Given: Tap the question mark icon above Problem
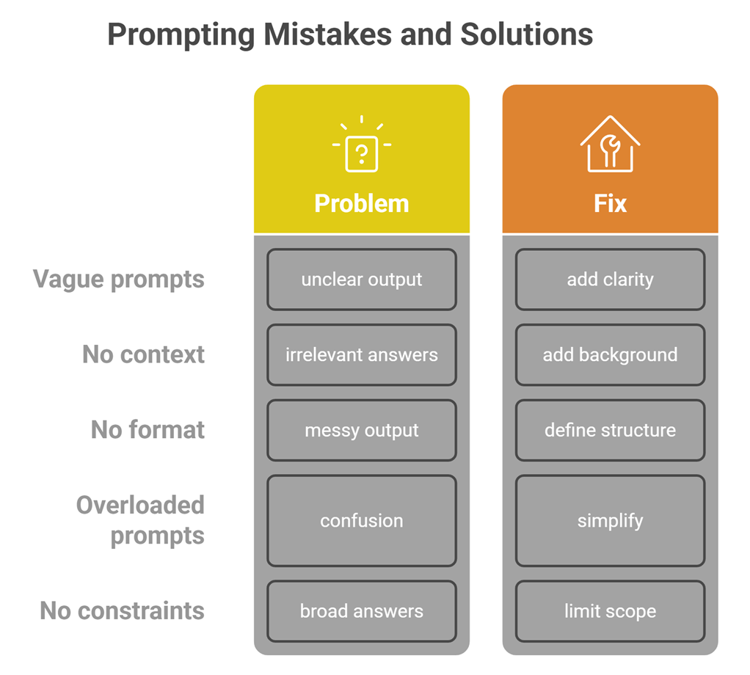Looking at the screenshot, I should point(361,150).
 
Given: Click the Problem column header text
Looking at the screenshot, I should point(361,203).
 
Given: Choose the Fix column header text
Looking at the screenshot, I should point(610,203).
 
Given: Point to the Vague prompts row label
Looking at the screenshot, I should point(119,280).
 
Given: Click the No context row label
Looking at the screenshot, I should point(143,354).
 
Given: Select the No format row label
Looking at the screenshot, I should point(148,430).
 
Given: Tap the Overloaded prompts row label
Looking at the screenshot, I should point(141,520).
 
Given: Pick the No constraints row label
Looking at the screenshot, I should point(122,610).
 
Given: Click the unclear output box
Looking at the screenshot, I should point(361,280).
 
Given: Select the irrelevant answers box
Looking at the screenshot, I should point(361,354).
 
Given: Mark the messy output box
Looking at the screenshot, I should point(361,430).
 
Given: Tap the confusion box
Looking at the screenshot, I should point(361,521).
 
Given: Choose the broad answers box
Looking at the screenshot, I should point(361,611).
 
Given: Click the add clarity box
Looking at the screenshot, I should point(610,280).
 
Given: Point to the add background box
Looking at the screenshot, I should point(610,354).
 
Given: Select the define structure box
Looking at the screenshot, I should point(610,430).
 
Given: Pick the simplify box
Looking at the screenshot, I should point(610,521).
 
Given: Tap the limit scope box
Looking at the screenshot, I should point(610,611).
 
